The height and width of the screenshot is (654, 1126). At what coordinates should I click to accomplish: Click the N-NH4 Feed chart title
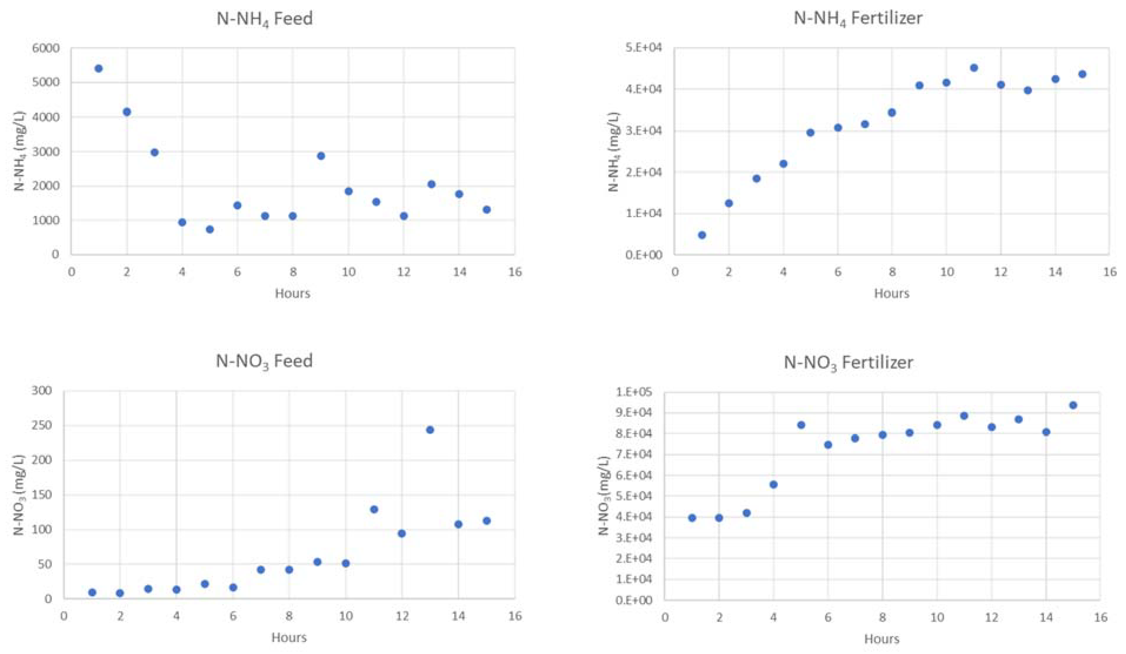click(265, 19)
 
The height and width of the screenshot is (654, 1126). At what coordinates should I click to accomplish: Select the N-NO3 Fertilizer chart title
click(848, 362)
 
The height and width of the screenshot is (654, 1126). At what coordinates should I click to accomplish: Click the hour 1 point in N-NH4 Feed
click(99, 68)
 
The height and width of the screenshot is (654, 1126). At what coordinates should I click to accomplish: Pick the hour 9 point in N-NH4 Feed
click(321, 156)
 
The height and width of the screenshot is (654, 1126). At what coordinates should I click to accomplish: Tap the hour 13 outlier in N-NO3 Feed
click(430, 430)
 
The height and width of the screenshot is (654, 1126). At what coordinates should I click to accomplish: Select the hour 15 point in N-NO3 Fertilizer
click(1073, 405)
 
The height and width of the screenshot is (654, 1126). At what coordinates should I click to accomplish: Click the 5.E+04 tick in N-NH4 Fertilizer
click(643, 48)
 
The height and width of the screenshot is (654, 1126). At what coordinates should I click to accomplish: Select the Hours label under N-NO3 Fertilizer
click(881, 638)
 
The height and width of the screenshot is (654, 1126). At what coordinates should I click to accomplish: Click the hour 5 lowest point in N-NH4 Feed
click(209, 229)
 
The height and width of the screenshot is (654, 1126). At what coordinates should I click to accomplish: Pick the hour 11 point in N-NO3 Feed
click(374, 509)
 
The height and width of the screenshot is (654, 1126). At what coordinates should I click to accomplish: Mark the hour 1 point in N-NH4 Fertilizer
click(702, 235)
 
